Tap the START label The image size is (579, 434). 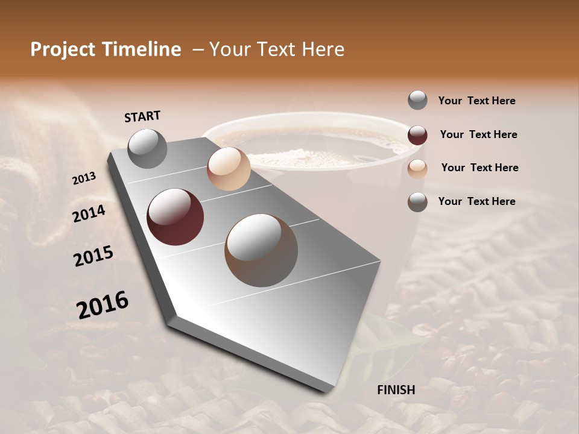(142, 116)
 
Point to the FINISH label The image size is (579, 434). (396, 390)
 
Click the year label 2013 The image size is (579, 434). (84, 178)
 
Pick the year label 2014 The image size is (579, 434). (89, 214)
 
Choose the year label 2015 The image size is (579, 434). (93, 256)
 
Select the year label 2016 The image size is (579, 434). (103, 305)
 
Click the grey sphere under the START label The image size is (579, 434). (148, 148)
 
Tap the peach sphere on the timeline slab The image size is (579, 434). (229, 169)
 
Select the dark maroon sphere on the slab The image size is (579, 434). (176, 217)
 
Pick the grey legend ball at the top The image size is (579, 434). (417, 100)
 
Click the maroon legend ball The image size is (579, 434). (417, 134)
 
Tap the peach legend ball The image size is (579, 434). (417, 168)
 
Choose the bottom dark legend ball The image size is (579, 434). (417, 202)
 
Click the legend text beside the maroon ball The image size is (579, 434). (478, 134)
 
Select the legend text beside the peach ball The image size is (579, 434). (479, 168)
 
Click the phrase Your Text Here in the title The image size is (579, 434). (277, 49)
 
